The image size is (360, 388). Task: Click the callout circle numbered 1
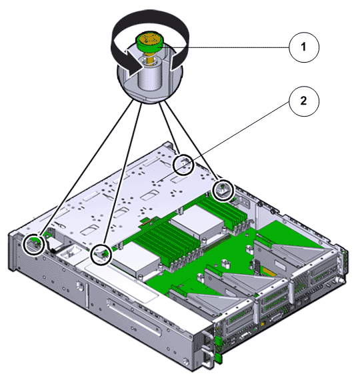coord(304,47)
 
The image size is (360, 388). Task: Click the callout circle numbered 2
coord(304,101)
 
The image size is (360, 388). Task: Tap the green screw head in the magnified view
coord(149,41)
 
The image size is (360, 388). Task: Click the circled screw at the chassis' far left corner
coord(34,244)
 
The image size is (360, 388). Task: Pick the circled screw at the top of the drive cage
coord(183,165)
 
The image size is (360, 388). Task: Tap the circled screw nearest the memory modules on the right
coord(223,191)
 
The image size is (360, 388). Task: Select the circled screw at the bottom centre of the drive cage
coord(101,255)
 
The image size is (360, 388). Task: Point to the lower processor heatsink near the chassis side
coord(135,259)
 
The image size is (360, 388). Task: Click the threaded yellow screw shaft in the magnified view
coord(149,58)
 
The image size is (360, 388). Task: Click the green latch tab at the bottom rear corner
coord(219,358)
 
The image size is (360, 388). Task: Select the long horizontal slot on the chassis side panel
coord(134,317)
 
